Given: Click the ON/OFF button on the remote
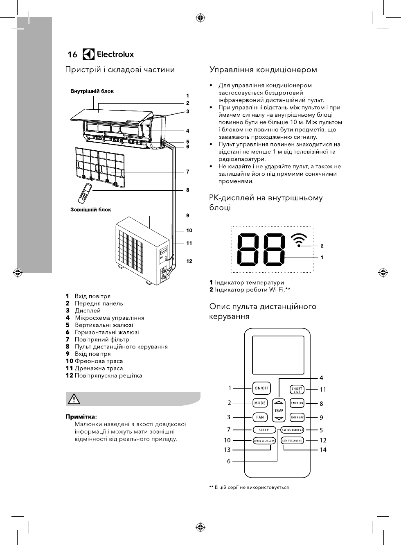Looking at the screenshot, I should click(x=261, y=388).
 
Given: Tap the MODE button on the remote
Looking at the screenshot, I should click(x=260, y=403).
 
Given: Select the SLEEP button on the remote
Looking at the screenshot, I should click(x=264, y=430).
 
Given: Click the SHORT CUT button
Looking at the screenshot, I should click(x=297, y=389).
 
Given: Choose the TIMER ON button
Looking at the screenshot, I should click(x=297, y=403).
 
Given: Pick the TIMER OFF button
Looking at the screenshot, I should click(x=297, y=417).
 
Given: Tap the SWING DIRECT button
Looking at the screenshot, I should click(x=293, y=430).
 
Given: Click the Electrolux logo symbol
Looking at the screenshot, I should click(x=89, y=54).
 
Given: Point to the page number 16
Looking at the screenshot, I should click(x=72, y=54).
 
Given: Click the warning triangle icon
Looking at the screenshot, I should click(x=74, y=399).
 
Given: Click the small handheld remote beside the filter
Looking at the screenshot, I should click(x=86, y=193).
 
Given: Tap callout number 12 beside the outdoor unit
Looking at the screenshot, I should click(x=189, y=261).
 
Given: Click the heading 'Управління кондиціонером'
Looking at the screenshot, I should click(x=263, y=70).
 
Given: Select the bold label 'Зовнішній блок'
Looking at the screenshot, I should click(x=91, y=210).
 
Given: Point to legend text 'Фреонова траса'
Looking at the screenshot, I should click(x=99, y=361).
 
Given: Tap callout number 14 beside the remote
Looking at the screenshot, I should click(x=323, y=450).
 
